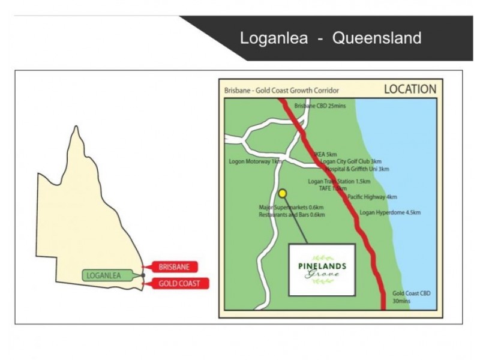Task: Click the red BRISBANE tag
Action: [x=174, y=268]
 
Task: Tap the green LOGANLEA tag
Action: [x=104, y=276]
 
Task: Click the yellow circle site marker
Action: [x=283, y=193]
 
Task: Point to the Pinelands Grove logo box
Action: [x=322, y=269]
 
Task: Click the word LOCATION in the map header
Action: [x=410, y=89]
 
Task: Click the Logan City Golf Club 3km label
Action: [x=351, y=161]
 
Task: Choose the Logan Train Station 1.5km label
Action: [x=339, y=181]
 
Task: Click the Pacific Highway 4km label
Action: [x=372, y=197]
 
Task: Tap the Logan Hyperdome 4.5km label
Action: [x=390, y=212]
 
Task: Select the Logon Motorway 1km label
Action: [x=255, y=161]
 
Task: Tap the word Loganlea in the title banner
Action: [x=274, y=38]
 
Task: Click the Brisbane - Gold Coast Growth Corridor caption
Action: [x=281, y=91]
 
